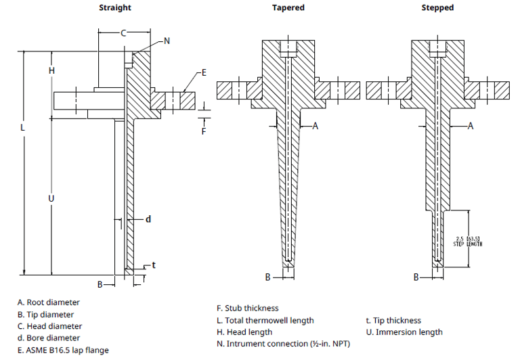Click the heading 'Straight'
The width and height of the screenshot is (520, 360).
pos(115,7)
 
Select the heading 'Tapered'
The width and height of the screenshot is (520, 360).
pos(288,7)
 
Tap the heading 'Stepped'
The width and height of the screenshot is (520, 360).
pos(437,7)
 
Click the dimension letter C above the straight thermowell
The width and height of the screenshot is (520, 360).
pos(123,32)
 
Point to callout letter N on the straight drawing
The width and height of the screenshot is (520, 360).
pos(167,41)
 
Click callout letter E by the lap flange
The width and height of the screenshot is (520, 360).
pos(203,72)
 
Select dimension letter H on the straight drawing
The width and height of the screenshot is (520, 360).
pos(51,70)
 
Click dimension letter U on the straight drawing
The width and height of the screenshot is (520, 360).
pos(51,198)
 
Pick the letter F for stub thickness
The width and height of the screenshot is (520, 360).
pos(204,131)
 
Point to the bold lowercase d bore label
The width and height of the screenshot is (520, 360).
pos(148,219)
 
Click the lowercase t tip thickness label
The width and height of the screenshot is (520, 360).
pos(154,265)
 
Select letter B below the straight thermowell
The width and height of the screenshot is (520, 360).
pos(100,284)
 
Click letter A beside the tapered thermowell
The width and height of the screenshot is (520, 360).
pos(315,126)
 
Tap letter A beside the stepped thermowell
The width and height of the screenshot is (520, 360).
pos(470,126)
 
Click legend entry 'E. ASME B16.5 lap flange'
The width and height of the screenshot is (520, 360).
pos(63,350)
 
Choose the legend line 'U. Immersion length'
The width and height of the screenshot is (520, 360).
pos(404,332)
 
